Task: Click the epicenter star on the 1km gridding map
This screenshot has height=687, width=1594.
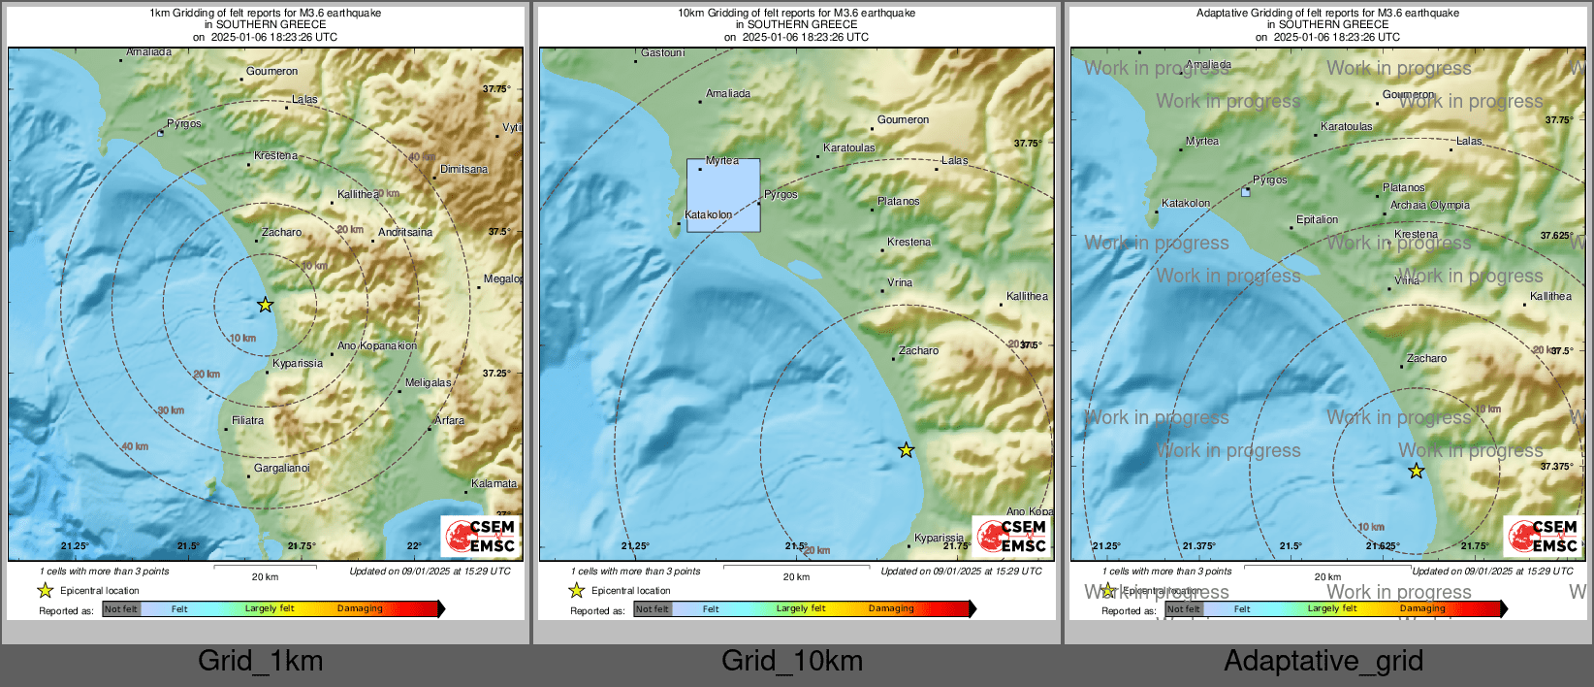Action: click(266, 305)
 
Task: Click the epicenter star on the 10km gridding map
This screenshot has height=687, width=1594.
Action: click(906, 450)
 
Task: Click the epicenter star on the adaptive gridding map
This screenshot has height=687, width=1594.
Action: click(1417, 471)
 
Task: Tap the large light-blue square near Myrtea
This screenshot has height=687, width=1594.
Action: click(723, 195)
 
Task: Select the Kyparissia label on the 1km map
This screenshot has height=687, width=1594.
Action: click(298, 363)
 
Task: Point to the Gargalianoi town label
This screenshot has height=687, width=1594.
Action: click(282, 468)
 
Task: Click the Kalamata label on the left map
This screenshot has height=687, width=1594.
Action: click(494, 483)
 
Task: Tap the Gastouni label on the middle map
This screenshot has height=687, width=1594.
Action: click(663, 53)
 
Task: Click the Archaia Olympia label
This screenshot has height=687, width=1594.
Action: click(1429, 205)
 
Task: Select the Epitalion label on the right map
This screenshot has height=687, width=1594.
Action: click(1317, 219)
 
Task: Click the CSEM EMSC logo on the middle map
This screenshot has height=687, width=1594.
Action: click(1011, 536)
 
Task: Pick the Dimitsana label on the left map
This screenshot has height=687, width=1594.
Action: click(463, 169)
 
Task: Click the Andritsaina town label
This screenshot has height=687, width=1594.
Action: click(405, 232)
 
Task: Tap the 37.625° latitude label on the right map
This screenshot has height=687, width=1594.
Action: click(1556, 236)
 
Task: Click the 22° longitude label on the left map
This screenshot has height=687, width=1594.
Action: click(414, 546)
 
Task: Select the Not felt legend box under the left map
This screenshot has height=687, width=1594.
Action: click(121, 609)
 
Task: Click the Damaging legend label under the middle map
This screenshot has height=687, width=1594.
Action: click(891, 608)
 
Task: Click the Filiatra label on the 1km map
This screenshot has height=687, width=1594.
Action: click(247, 420)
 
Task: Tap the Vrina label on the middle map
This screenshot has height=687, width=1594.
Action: click(900, 282)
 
